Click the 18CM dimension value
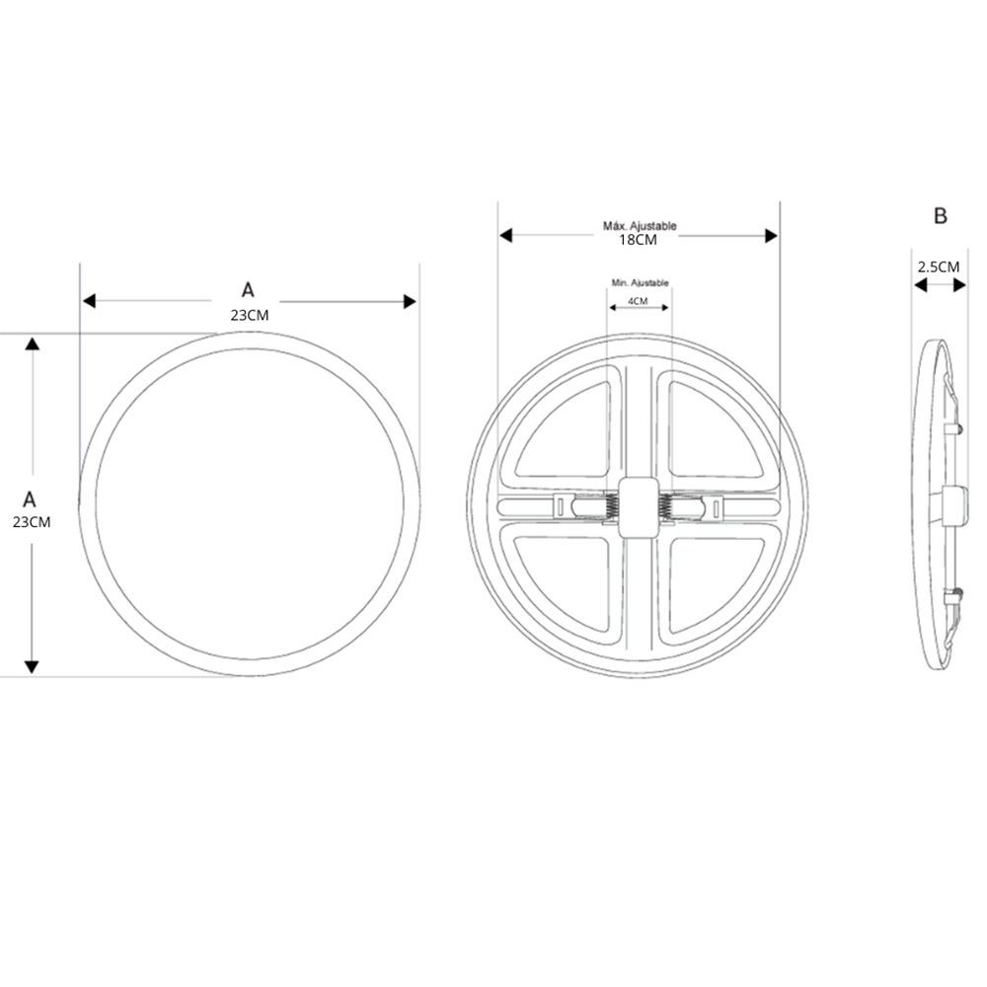[638, 240]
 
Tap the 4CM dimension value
[638, 301]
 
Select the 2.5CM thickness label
[939, 266]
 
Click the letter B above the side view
[941, 216]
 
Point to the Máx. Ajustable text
[640, 225]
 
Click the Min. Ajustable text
[641, 283]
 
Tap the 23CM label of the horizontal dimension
[250, 316]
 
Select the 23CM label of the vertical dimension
[32, 522]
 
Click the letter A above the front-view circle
[248, 290]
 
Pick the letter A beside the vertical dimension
[30, 499]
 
